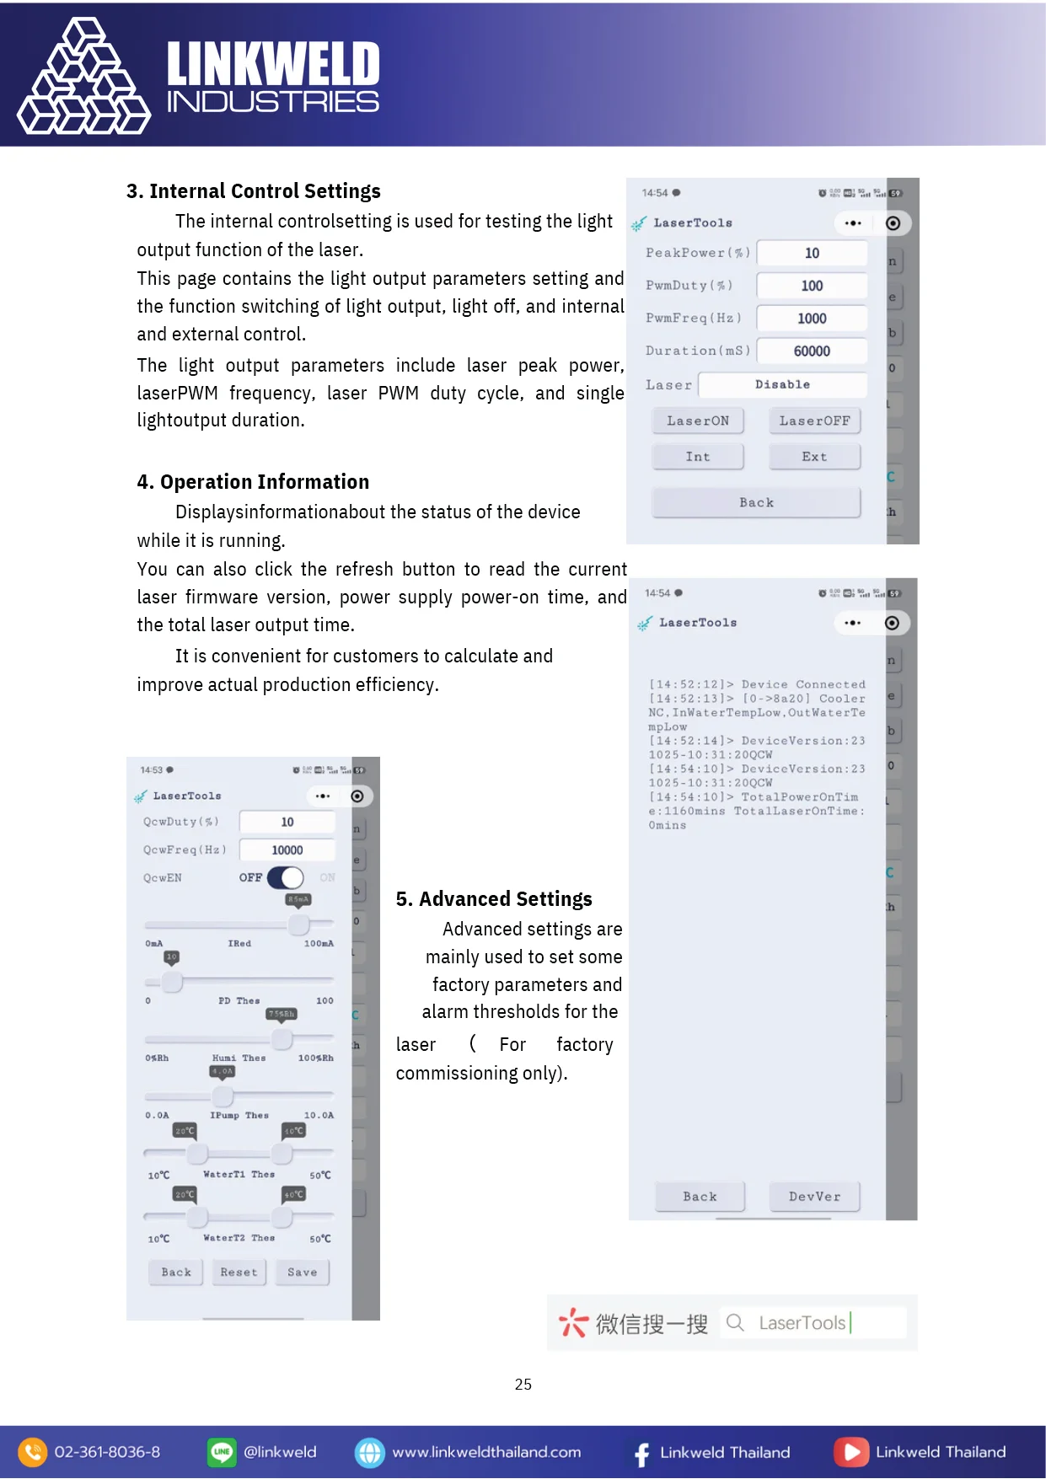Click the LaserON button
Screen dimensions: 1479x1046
click(x=698, y=421)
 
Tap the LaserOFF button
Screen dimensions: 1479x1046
click(x=814, y=421)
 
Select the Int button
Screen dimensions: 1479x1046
click(x=698, y=457)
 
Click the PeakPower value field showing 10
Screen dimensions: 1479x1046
click(x=812, y=253)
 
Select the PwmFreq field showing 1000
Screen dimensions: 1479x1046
click(x=812, y=319)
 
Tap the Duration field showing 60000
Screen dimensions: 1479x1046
click(x=812, y=351)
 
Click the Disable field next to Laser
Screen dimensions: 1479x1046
click(x=782, y=384)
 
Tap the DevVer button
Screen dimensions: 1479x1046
click(x=814, y=1197)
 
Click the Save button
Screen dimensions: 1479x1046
click(x=302, y=1273)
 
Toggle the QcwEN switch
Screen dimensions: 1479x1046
click(x=286, y=878)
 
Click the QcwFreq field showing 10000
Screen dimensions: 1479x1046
click(x=287, y=850)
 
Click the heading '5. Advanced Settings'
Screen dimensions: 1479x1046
click(x=494, y=899)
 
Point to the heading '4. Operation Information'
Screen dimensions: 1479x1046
click(x=253, y=482)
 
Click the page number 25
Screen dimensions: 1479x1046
click(x=523, y=1385)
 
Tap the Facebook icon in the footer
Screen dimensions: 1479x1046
click(x=642, y=1453)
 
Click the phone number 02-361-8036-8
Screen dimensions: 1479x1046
click(x=107, y=1452)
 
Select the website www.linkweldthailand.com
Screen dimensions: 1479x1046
click(x=486, y=1452)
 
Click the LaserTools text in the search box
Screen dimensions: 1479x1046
click(x=802, y=1323)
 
